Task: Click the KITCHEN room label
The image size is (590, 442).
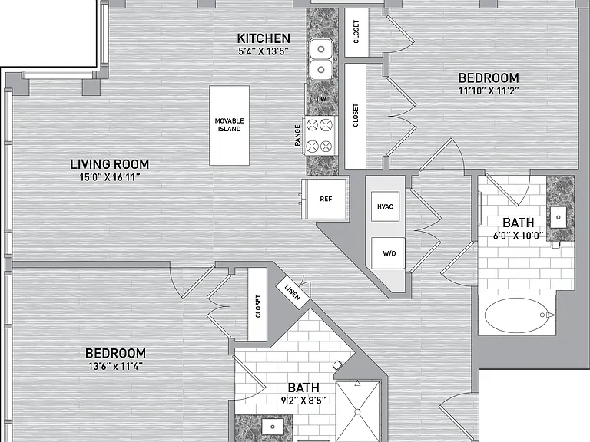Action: point(264,38)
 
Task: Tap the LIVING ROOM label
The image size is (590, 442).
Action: point(110,164)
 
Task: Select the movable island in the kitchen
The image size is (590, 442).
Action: point(229,126)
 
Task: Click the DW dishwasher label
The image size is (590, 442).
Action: point(321,99)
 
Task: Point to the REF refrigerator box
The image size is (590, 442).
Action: point(325,199)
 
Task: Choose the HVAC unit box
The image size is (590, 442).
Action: point(385,206)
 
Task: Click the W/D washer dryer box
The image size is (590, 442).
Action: point(388,253)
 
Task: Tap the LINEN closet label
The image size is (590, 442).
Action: point(293,292)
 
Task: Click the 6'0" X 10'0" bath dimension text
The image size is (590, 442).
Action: point(518,236)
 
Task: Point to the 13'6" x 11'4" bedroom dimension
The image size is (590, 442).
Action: point(115,366)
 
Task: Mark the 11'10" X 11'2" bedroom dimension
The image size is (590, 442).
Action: point(489,91)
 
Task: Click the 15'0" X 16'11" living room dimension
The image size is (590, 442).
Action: point(110,177)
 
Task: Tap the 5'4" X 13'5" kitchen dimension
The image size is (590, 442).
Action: point(264,51)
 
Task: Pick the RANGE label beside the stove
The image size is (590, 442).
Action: point(297,135)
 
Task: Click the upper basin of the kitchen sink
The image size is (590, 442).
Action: point(321,49)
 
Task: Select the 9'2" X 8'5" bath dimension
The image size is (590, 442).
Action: point(303,401)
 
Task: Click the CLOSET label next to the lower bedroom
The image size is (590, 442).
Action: point(258,305)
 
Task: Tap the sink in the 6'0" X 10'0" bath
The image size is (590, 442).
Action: point(559,217)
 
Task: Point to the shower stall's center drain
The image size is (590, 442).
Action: point(357,411)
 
